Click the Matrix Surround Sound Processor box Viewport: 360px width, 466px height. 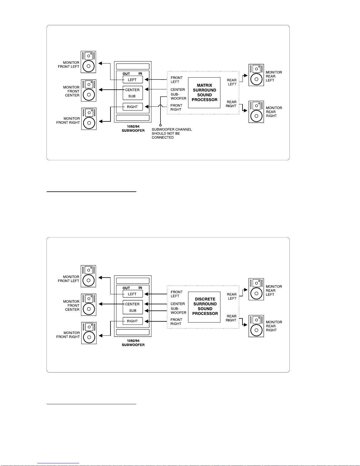tap(204, 93)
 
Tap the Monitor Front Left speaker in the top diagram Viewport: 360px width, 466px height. tap(88, 62)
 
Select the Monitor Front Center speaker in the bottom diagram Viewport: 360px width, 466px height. tap(89, 305)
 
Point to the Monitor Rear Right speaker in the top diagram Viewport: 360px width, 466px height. tap(256, 112)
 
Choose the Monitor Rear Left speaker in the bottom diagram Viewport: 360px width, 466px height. tap(256, 289)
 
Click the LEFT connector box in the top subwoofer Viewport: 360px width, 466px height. tap(133, 80)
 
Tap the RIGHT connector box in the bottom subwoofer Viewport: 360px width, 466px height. tap(133, 321)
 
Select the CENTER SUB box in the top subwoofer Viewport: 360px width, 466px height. tap(133, 93)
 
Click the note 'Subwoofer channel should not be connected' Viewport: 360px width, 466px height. tap(172, 133)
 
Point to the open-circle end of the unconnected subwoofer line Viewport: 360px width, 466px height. tap(160, 125)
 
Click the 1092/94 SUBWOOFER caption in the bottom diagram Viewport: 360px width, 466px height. tap(133, 343)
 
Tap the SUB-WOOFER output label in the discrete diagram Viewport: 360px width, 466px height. tap(178, 311)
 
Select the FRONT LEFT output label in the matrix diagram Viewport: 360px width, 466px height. tap(177, 80)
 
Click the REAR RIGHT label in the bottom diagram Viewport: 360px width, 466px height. tap(231, 318)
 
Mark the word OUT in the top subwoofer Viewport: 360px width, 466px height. tap(126, 74)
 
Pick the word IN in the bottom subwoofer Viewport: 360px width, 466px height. tap(140, 288)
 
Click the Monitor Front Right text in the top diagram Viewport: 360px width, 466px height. tap(68, 121)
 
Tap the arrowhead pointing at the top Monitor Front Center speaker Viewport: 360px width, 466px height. tap(101, 90)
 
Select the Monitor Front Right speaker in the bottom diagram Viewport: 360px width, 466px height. tap(89, 333)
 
